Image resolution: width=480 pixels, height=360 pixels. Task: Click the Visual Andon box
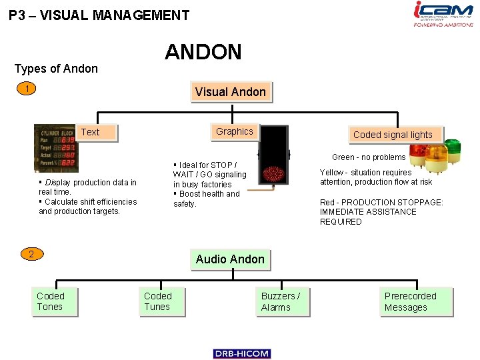(x=230, y=92)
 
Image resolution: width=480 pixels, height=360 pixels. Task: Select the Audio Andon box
(x=230, y=259)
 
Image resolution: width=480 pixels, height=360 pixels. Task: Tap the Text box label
(x=90, y=132)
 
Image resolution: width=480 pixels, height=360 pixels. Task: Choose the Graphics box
(x=234, y=132)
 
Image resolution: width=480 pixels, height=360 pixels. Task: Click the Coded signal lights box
(x=393, y=135)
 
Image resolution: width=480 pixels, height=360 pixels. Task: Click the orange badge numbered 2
(x=31, y=254)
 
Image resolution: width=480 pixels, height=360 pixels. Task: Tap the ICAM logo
(x=443, y=14)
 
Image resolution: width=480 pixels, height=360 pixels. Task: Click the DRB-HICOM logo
(x=242, y=354)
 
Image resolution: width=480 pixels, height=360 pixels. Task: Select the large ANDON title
(x=203, y=52)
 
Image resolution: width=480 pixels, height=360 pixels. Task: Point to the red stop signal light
(x=274, y=175)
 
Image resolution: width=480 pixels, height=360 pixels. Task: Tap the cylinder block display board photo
(x=57, y=148)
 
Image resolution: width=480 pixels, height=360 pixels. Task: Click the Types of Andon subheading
(x=56, y=69)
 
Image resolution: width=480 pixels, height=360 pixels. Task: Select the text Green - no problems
(x=369, y=157)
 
